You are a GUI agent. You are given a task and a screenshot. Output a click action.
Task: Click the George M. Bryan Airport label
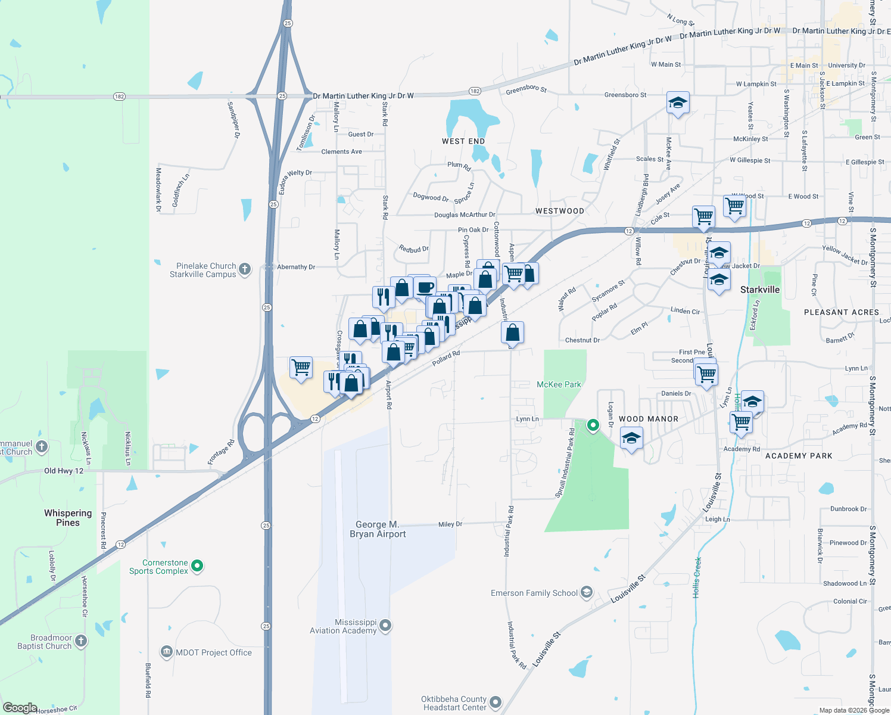pyautogui.click(x=378, y=529)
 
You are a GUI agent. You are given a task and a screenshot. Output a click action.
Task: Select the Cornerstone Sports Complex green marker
pyautogui.click(x=198, y=566)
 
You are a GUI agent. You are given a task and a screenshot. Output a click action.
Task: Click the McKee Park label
pyautogui.click(x=559, y=384)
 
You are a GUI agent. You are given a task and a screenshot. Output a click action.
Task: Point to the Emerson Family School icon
pyautogui.click(x=587, y=592)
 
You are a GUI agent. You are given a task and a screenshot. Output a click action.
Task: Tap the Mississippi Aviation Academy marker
pyautogui.click(x=385, y=626)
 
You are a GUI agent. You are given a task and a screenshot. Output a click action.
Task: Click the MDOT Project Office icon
pyautogui.click(x=167, y=652)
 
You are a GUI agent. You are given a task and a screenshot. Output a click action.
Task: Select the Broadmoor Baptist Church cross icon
pyautogui.click(x=81, y=641)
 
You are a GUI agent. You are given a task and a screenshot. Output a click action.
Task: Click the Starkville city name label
pyautogui.click(x=759, y=290)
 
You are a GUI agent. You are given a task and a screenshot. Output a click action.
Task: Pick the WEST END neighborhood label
pyautogui.click(x=463, y=141)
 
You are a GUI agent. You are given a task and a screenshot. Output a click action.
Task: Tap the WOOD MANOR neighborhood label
pyautogui.click(x=649, y=419)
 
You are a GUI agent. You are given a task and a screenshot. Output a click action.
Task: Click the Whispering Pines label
pyautogui.click(x=68, y=518)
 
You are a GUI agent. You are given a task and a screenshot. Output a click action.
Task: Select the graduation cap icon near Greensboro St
pyautogui.click(x=678, y=103)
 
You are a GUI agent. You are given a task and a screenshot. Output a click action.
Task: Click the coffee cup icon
pyautogui.click(x=425, y=287)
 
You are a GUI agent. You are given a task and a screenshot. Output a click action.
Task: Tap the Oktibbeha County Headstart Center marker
pyautogui.click(x=496, y=702)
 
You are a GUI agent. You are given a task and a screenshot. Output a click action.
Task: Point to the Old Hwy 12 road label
pyautogui.click(x=64, y=471)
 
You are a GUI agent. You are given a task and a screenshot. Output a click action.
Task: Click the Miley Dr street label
pyautogui.click(x=450, y=524)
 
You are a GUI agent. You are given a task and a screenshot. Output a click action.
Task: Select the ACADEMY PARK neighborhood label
pyautogui.click(x=799, y=456)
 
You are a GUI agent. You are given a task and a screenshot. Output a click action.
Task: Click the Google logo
pyautogui.click(x=20, y=708)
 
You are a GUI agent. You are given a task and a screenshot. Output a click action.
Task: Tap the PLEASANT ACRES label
pyautogui.click(x=841, y=312)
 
